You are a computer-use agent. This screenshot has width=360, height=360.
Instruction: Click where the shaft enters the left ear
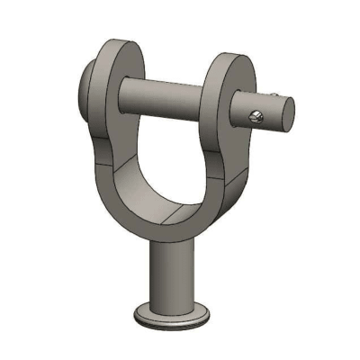click(135, 89)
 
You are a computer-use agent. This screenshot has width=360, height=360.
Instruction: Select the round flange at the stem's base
click(175, 317)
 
